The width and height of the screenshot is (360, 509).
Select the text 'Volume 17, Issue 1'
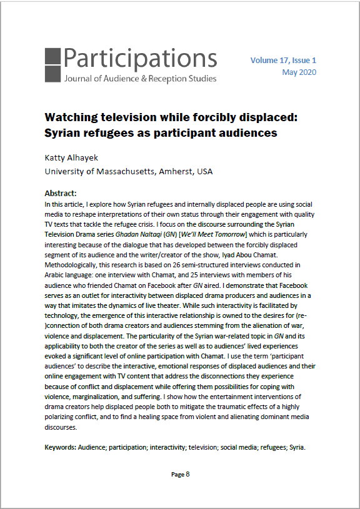[283, 60]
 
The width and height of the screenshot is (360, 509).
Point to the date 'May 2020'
[299, 72]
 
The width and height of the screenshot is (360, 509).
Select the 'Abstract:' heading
[63, 194]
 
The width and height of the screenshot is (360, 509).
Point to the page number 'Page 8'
[180, 474]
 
